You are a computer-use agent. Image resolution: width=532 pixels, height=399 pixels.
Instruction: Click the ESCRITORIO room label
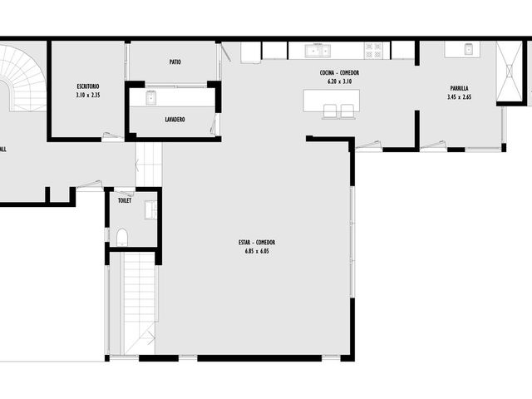[88, 86]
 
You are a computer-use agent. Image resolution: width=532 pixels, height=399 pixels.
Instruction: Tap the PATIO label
[175, 62]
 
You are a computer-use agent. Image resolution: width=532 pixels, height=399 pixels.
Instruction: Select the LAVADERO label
[175, 120]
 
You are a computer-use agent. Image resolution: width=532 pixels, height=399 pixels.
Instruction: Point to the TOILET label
[125, 200]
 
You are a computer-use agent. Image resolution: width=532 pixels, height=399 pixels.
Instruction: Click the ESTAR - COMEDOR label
[257, 242]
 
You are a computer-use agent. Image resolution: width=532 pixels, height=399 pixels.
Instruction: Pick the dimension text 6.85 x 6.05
[257, 251]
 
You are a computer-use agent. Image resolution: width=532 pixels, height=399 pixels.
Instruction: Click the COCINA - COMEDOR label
[339, 72]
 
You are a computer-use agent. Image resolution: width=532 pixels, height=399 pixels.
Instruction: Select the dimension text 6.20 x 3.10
[339, 81]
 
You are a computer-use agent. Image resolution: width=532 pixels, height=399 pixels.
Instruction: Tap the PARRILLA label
[459, 88]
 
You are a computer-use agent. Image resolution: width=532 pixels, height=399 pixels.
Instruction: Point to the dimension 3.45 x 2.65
[459, 97]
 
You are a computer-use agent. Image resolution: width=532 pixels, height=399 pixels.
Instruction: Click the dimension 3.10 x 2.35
[88, 96]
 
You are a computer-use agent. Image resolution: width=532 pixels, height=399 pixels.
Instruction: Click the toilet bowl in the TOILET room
[122, 237]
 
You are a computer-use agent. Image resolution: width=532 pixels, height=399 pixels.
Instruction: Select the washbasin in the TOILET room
[151, 210]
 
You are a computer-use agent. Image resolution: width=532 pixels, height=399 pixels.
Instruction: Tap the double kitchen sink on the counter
[318, 51]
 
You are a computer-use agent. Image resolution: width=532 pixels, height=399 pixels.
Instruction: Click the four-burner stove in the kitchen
[373, 50]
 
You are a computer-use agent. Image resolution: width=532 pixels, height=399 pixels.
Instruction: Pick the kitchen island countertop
[332, 101]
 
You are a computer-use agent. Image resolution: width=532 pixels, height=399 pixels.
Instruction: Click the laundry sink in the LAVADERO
[151, 98]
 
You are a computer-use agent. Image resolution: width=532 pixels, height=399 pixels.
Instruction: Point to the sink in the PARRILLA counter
[469, 49]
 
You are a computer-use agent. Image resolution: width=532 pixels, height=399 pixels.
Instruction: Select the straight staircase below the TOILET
[139, 303]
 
